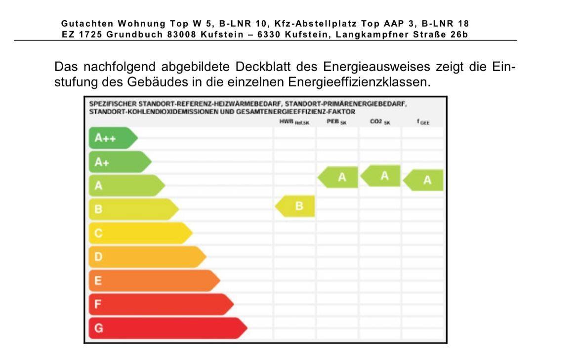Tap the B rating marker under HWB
coord(296,206)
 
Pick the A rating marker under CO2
coord(381,176)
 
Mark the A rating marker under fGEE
coord(424,180)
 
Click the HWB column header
coord(294,121)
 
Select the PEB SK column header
coord(336,121)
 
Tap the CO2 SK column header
coord(379,121)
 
